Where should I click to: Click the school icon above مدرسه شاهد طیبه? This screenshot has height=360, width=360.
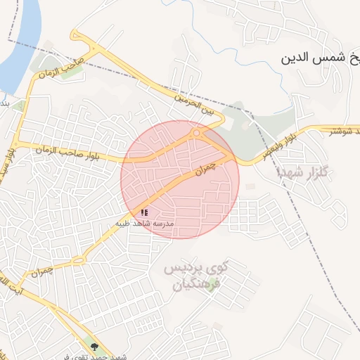click(144, 212)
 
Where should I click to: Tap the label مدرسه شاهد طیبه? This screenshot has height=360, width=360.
click(146, 224)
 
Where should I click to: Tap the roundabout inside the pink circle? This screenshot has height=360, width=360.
click(196, 133)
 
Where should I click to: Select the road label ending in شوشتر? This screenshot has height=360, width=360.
click(340, 130)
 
